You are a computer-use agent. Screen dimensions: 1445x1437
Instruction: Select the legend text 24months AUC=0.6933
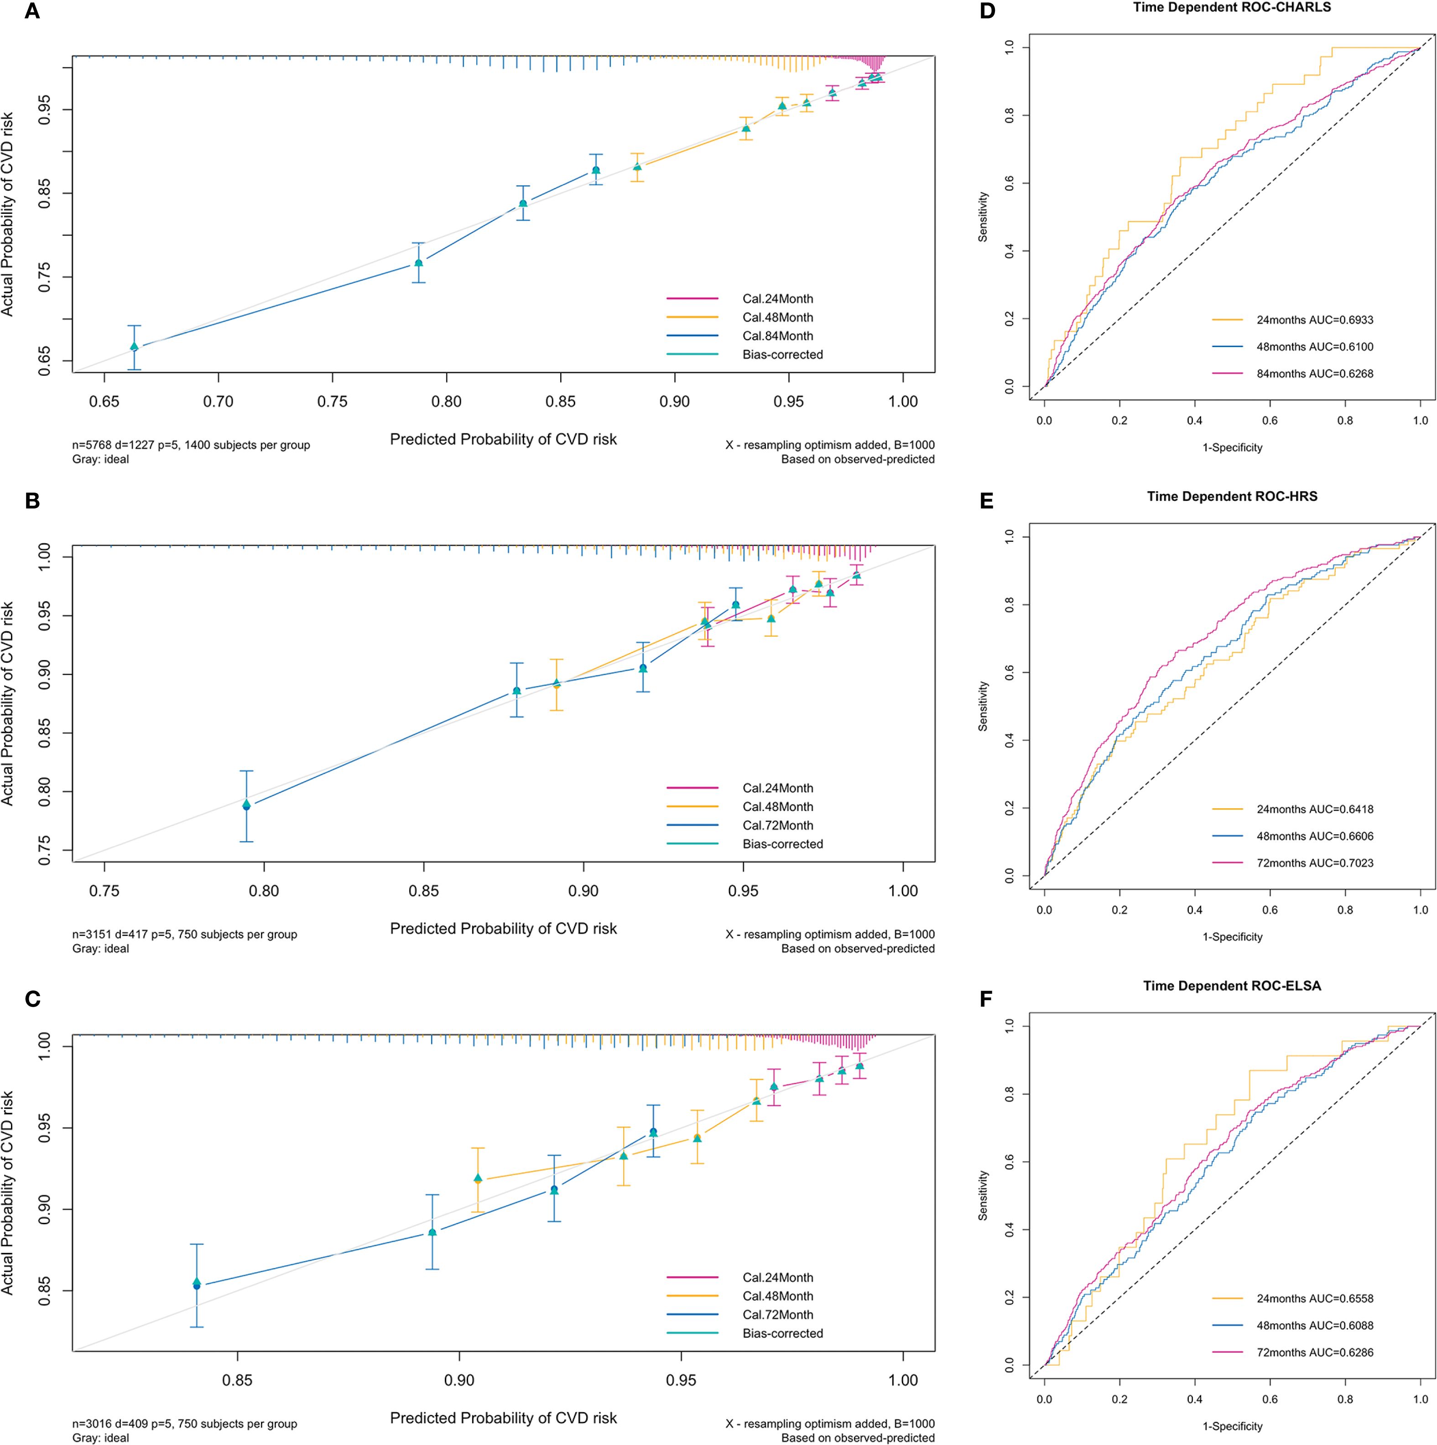(x=1314, y=320)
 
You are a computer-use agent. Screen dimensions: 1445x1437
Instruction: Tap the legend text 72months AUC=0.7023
(x=1314, y=863)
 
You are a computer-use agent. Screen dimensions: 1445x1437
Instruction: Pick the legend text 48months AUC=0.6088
(x=1314, y=1325)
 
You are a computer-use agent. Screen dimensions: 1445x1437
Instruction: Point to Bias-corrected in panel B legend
(x=782, y=844)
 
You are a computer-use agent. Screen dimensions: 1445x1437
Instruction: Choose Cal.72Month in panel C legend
(x=777, y=1315)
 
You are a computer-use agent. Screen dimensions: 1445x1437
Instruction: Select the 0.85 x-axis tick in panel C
(x=237, y=1381)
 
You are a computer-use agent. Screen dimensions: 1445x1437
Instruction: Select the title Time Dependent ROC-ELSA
(x=1232, y=986)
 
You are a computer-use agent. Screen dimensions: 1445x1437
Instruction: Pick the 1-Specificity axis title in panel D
(x=1232, y=448)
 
